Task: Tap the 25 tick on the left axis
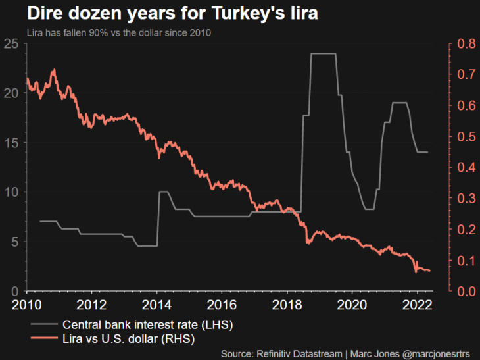pos(11,44)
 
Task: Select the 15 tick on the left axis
pos(11,143)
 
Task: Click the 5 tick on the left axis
pos(14,242)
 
